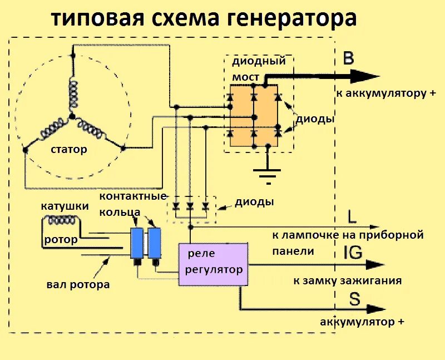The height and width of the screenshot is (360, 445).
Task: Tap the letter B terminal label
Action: (x=349, y=59)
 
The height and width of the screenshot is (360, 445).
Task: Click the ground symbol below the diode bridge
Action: (x=269, y=176)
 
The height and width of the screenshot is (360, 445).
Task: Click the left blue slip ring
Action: (x=136, y=242)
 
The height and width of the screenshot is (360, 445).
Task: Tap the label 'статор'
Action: (x=69, y=150)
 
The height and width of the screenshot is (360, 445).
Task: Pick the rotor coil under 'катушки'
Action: (x=63, y=221)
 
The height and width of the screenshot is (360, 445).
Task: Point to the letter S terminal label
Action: (x=354, y=300)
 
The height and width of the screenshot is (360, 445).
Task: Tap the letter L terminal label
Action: (x=352, y=216)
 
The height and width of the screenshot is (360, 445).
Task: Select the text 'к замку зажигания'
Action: (x=347, y=281)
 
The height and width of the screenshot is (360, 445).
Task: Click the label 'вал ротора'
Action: (x=78, y=285)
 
